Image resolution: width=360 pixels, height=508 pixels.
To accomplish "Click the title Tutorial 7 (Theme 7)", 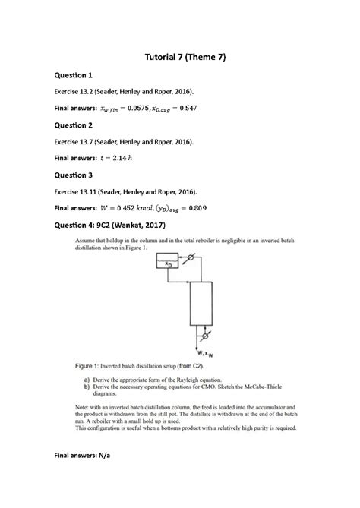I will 180,57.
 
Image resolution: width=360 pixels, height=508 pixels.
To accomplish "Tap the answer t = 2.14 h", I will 116,158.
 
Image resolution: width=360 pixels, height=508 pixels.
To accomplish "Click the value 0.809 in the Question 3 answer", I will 197,207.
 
